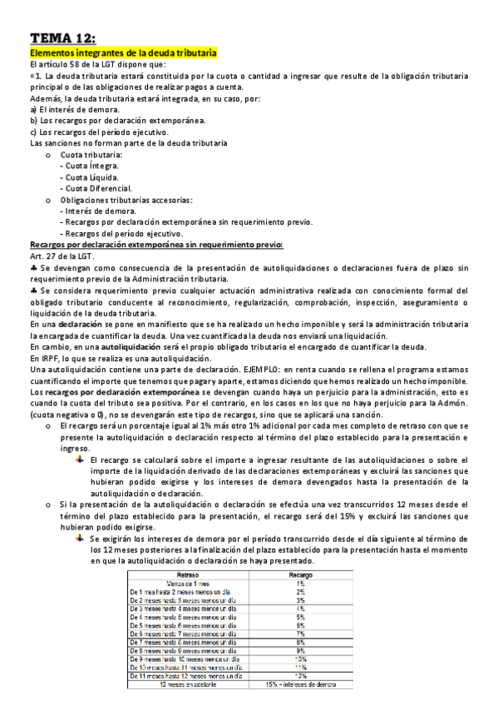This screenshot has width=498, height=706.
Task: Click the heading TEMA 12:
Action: click(62, 37)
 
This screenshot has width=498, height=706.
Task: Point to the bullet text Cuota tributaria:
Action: click(91, 155)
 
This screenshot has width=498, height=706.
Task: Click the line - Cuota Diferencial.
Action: click(91, 188)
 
